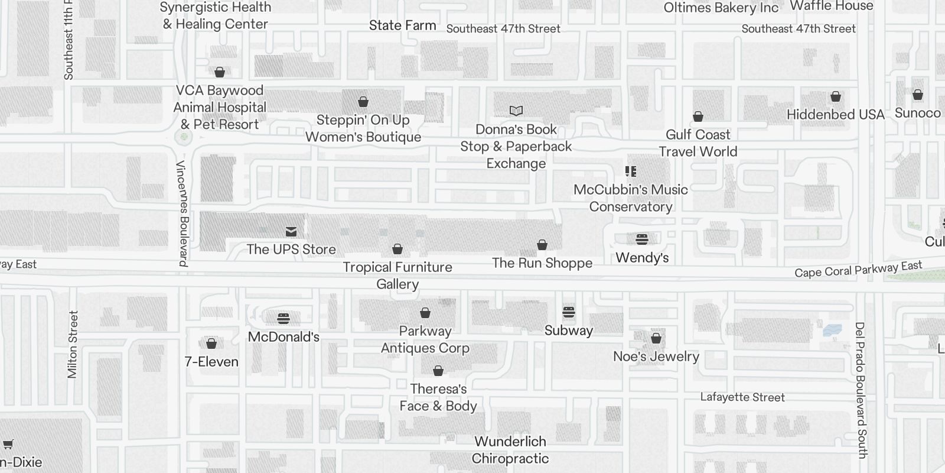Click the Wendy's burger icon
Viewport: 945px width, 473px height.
642,239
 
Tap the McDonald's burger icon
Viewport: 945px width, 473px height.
283,319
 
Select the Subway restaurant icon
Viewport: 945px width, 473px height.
569,312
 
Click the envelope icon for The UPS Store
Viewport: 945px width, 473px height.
291,231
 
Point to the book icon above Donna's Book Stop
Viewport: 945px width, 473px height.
516,111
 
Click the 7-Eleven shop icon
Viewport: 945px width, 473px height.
211,344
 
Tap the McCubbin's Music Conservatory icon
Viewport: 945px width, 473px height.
631,171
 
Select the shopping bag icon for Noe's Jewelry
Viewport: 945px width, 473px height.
656,338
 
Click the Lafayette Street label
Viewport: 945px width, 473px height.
742,397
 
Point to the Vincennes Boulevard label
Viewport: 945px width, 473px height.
182,213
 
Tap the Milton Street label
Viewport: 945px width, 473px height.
73,344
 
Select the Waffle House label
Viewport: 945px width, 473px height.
832,6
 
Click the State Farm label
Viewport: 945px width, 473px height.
403,25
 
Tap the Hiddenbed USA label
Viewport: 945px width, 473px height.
836,115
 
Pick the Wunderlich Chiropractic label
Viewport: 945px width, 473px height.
510,450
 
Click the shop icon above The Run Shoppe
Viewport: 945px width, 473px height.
542,245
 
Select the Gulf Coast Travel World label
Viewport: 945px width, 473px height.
698,143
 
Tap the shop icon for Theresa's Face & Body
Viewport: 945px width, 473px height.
438,371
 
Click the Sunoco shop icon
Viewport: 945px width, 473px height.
918,95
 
